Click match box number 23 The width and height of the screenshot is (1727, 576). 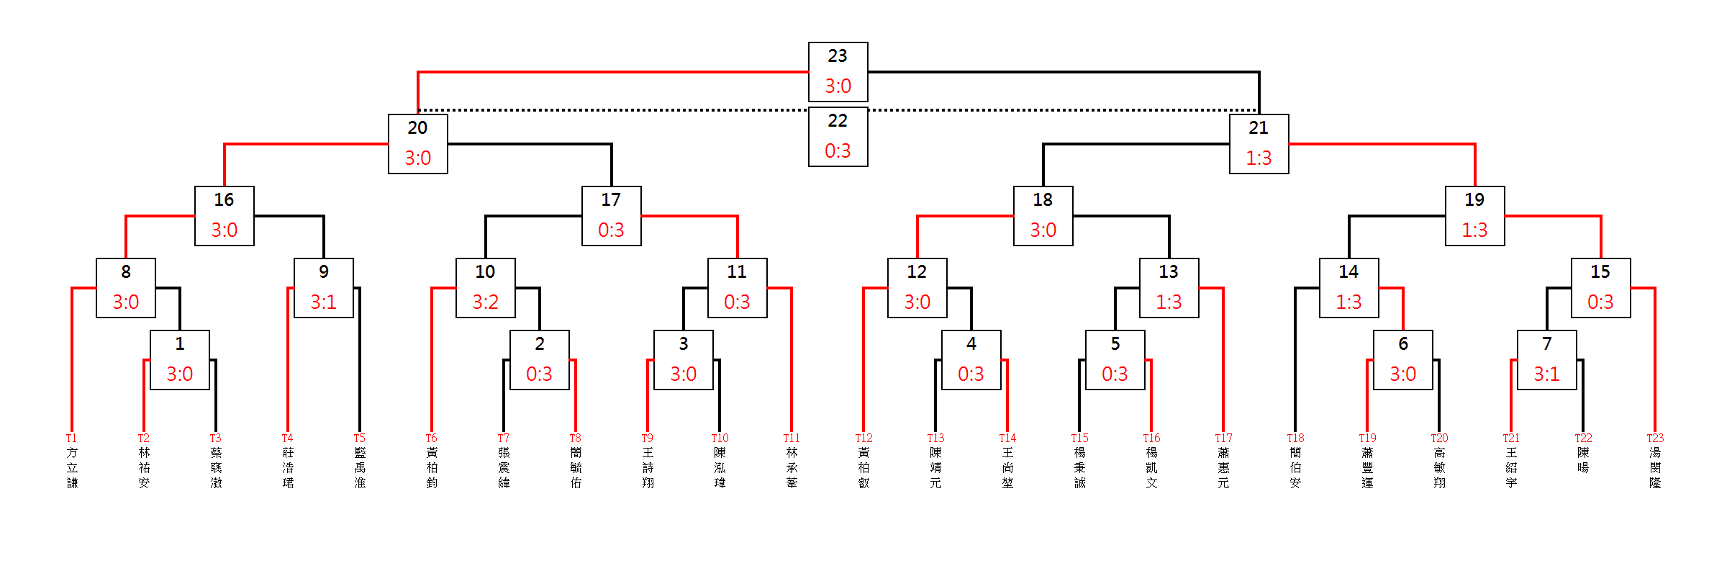pyautogui.click(x=838, y=71)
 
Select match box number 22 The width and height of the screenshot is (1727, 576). pyautogui.click(x=838, y=136)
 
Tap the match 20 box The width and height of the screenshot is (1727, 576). pyautogui.click(x=417, y=143)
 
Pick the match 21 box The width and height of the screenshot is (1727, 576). pyautogui.click(x=1259, y=143)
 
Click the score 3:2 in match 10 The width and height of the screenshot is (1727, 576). pyautogui.click(x=485, y=302)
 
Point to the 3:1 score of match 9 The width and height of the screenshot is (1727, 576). pyautogui.click(x=323, y=302)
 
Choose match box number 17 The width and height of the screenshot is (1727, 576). pyautogui.click(x=611, y=215)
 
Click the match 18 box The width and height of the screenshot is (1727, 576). pyautogui.click(x=1043, y=215)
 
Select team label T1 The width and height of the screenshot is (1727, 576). pyautogui.click(x=71, y=438)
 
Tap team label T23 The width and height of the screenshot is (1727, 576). pyautogui.click(x=1655, y=438)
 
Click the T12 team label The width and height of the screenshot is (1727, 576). pyautogui.click(x=863, y=438)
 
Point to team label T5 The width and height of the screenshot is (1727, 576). pyautogui.click(x=359, y=438)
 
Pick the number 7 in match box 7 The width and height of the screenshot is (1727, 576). pyautogui.click(x=1546, y=344)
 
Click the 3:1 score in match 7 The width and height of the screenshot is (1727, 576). pyautogui.click(x=1546, y=374)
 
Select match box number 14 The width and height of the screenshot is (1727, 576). pyautogui.click(x=1348, y=287)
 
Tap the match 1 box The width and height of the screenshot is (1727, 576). pyautogui.click(x=179, y=359)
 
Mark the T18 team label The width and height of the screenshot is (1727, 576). pyautogui.click(x=1295, y=438)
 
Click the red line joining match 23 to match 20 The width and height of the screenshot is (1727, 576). pyautogui.click(x=612, y=72)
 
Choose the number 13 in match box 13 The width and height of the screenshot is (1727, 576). pyautogui.click(x=1169, y=272)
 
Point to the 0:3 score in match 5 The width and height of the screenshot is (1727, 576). pyautogui.click(x=1115, y=374)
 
